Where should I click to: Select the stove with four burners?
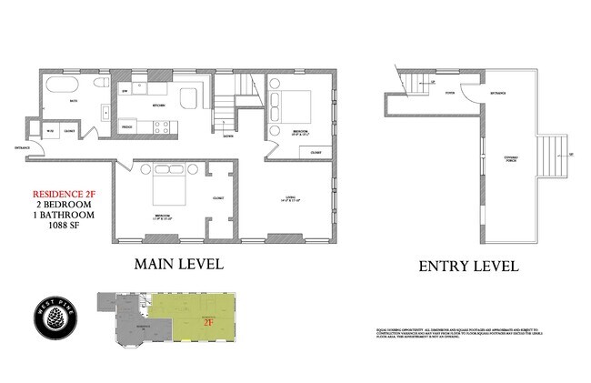pyautogui.click(x=162, y=128)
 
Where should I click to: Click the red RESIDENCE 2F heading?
pyautogui.click(x=64, y=195)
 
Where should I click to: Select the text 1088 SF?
pyautogui.click(x=64, y=227)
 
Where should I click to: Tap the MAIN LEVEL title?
pyautogui.click(x=178, y=264)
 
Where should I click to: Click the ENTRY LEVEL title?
pyautogui.click(x=468, y=267)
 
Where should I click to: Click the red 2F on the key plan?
pyautogui.click(x=207, y=321)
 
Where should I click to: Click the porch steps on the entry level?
pyautogui.click(x=552, y=155)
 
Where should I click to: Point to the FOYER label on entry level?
pyautogui.click(x=449, y=93)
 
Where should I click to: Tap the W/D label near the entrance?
pyautogui.click(x=51, y=131)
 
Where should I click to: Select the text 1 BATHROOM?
pyautogui.click(x=64, y=217)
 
